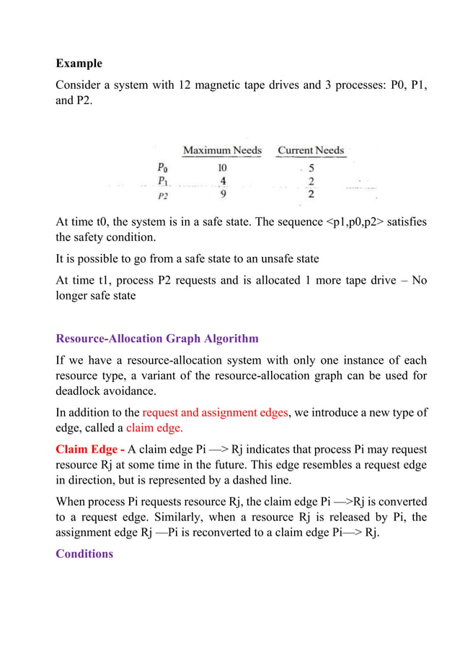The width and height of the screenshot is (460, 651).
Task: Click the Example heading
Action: coord(79,64)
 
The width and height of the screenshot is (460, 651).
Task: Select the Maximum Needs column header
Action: coord(221,151)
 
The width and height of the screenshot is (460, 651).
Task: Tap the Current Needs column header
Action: coord(311,151)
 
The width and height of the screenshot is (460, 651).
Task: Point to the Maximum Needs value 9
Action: coord(222,193)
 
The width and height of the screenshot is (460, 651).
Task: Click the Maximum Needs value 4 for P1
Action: coord(222,180)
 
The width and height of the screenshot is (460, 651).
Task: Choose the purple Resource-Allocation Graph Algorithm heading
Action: coord(157,338)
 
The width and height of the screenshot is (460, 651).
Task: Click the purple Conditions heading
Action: coord(84,554)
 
